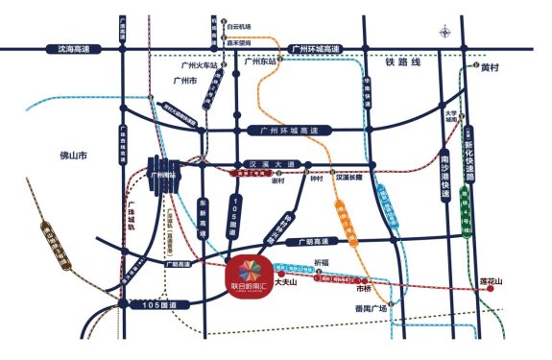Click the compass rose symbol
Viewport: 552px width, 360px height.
tap(445, 33)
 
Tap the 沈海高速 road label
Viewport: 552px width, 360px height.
tap(72, 48)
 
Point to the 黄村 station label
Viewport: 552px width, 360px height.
tap(491, 67)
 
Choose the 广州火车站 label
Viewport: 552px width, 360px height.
tap(200, 66)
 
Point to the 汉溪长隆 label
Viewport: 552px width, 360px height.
tap(351, 177)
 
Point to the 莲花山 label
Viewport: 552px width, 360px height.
tap(492, 282)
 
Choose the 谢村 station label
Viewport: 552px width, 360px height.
tap(279, 179)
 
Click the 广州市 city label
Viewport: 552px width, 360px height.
tap(184, 82)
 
